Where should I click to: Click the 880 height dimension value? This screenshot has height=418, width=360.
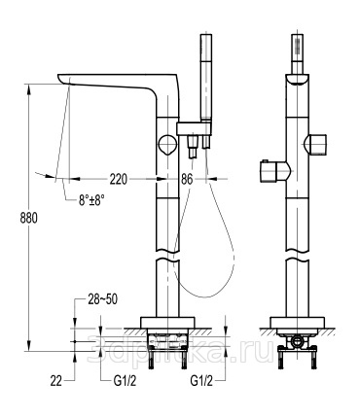29,218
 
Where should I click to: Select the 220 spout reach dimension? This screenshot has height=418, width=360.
119,179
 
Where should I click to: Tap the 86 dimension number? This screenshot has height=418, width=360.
187,179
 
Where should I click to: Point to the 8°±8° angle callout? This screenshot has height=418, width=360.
91,199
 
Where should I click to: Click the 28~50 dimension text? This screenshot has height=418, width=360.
103,299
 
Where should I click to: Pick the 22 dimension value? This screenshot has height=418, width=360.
55,381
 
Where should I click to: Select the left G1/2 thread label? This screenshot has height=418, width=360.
125,381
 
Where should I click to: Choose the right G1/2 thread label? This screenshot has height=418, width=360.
201,381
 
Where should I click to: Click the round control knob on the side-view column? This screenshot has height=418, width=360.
167,145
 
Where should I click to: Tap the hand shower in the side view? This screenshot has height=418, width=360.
206,78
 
